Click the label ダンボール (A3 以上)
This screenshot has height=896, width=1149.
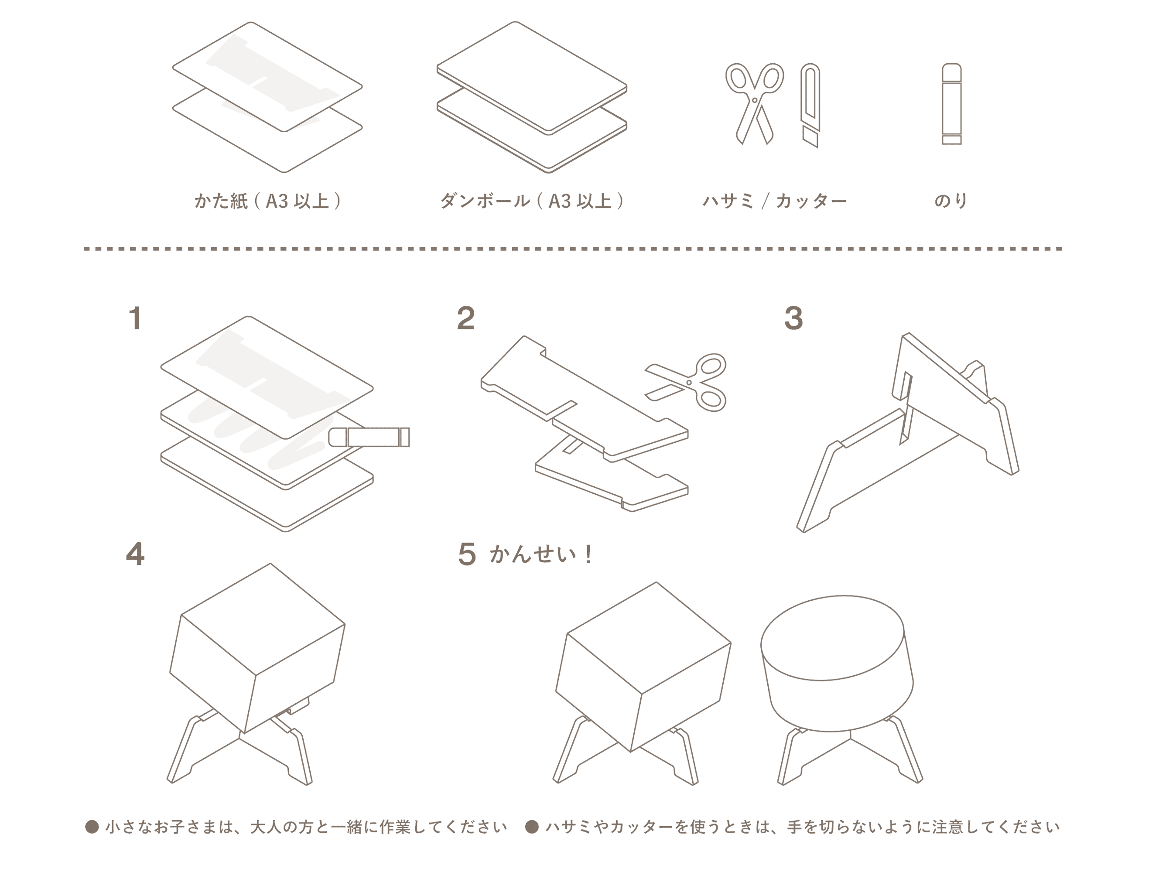point(532,202)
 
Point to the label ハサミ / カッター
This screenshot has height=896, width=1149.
point(774,202)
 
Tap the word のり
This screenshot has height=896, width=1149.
point(951,202)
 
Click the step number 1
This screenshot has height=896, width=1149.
point(135,319)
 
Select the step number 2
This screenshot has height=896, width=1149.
point(465,319)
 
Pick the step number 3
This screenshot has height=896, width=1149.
point(793,319)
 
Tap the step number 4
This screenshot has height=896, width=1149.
point(135,555)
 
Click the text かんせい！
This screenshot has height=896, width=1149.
point(541,555)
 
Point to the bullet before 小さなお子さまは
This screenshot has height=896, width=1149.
point(92,827)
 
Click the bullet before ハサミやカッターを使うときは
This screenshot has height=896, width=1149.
point(533,827)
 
